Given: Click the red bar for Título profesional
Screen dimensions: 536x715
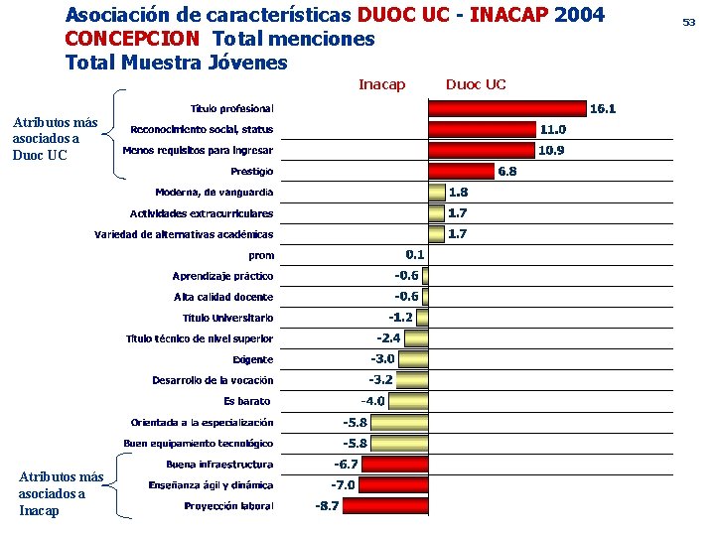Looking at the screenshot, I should pyautogui.click(x=506, y=108).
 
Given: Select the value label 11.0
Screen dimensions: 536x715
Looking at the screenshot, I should pyautogui.click(x=553, y=129).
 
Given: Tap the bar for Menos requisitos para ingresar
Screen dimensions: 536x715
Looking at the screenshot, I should pyautogui.click(x=482, y=150).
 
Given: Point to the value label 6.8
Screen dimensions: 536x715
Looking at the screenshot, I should pyautogui.click(x=506, y=171).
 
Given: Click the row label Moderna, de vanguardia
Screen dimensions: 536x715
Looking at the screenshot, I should pyautogui.click(x=214, y=192).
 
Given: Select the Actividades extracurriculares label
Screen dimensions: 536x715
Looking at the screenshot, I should pyautogui.click(x=203, y=213).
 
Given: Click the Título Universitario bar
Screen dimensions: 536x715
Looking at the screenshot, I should pyautogui.click(x=422, y=317).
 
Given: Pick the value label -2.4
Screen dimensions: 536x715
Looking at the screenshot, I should pyautogui.click(x=388, y=337).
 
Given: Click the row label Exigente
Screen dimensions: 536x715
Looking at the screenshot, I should pyautogui.click(x=253, y=359).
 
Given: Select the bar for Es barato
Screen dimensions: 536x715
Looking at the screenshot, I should pyautogui.click(x=409, y=401).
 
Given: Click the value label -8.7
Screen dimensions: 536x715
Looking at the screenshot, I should pyautogui.click(x=327, y=506).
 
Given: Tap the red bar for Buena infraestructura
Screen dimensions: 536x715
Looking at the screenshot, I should pyautogui.click(x=396, y=464).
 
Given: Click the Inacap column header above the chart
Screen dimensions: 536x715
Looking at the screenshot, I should pyautogui.click(x=381, y=84).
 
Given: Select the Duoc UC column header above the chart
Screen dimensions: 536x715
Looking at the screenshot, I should pyautogui.click(x=476, y=84).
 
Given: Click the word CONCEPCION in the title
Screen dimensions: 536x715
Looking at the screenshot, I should pyautogui.click(x=133, y=39).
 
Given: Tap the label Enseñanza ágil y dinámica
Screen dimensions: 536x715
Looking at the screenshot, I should pyautogui.click(x=212, y=485).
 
